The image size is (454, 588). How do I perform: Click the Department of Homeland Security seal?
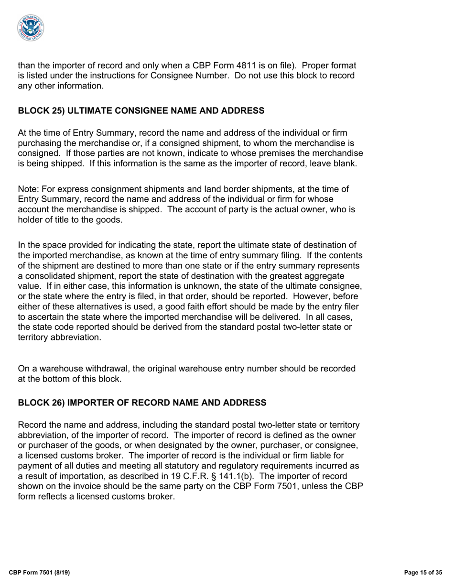coord(31,27)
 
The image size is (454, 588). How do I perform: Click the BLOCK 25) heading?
coord(141,111)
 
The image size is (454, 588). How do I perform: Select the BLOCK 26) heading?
coord(142,403)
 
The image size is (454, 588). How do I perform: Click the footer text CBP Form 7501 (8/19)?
coord(39,572)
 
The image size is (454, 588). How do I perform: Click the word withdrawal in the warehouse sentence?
coord(90,369)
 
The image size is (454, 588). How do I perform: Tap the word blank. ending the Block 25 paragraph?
coord(345,163)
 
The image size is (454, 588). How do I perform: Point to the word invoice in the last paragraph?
coord(85,486)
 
